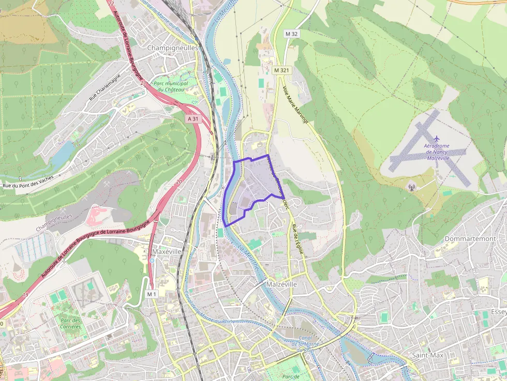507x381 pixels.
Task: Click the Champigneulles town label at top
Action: coord(173,48)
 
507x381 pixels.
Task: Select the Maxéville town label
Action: coord(167,252)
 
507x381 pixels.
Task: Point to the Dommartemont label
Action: coord(470,239)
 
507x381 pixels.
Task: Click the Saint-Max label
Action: coord(428,356)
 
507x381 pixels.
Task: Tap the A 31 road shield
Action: coord(193,118)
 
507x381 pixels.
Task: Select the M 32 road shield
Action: coord(292,34)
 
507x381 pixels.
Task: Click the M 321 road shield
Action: coord(281,70)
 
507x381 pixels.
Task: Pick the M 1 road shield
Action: coord(151,294)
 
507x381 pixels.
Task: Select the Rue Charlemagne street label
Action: coord(104,88)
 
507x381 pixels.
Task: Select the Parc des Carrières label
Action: coord(70,324)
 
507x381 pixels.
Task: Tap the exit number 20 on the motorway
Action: coord(179,181)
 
